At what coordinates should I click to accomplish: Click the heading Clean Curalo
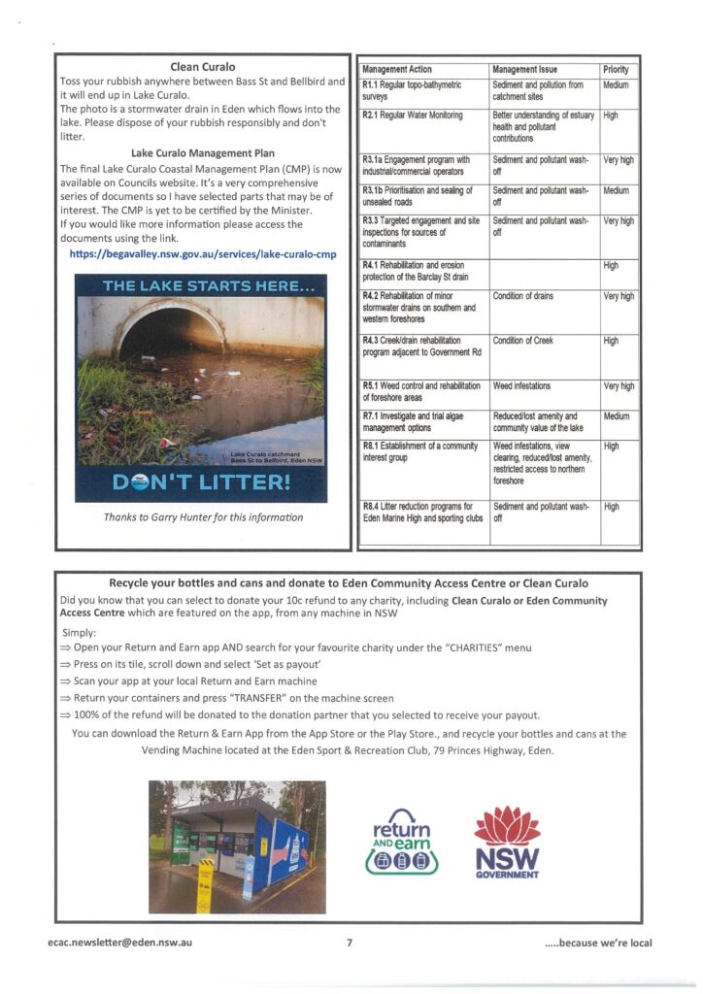tap(203, 67)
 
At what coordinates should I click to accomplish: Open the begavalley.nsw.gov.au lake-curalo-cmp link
tap(203, 254)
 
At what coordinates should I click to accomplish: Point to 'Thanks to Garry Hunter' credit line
tap(203, 517)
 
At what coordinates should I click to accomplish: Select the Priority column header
tap(616, 70)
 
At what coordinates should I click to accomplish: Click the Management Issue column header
tap(525, 70)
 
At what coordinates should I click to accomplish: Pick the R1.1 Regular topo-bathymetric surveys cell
tap(421, 91)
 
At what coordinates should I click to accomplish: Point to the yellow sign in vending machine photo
tap(205, 884)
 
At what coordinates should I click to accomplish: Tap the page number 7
tap(350, 943)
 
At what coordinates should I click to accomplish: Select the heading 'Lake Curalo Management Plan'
tap(203, 152)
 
